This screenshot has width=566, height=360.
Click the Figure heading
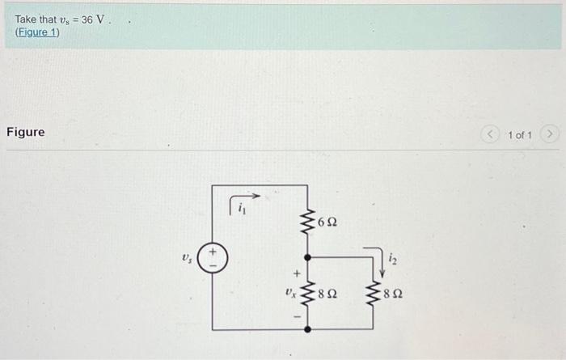[x=26, y=132]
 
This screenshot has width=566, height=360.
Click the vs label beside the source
[x=188, y=259]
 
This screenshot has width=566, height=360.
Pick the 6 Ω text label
[x=327, y=221]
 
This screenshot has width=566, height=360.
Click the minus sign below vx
[x=295, y=316]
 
